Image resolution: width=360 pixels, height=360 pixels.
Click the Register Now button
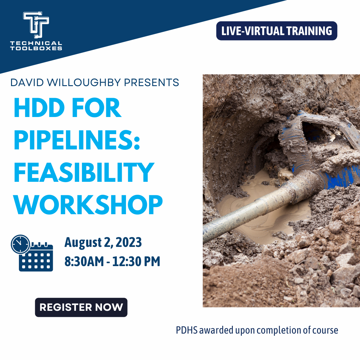[81, 307]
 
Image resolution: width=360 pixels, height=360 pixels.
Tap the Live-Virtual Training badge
[277, 31]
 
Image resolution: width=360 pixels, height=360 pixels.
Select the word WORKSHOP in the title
[88, 205]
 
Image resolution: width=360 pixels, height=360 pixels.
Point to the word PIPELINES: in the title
[77, 140]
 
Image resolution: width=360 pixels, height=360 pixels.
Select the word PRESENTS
[151, 82]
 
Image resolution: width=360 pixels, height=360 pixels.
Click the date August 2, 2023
[103, 242]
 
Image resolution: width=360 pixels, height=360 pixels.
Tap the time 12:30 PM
[136, 261]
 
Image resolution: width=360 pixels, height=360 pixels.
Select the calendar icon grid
[36, 260]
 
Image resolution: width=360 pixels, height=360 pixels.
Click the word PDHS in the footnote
[187, 330]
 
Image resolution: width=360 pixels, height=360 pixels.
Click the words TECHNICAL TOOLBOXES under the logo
[36, 46]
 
